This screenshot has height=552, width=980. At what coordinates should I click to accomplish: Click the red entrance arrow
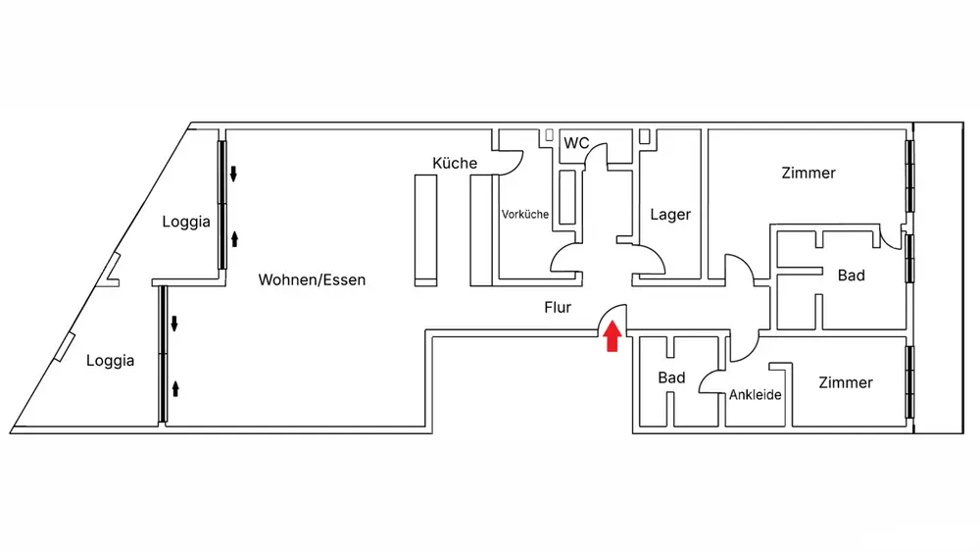click(x=612, y=335)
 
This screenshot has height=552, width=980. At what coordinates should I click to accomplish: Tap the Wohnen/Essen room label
click(x=312, y=279)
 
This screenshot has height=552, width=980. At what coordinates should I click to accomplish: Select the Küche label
click(x=455, y=163)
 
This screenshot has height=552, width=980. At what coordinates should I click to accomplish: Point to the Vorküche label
click(x=525, y=214)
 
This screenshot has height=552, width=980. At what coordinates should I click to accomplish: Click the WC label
click(x=576, y=143)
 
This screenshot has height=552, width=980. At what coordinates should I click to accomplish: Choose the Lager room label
click(x=670, y=215)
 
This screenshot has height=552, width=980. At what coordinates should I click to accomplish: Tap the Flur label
click(x=558, y=307)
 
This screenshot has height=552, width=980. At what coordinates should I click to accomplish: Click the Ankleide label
click(x=755, y=394)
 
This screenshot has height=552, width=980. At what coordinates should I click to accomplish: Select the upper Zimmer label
click(x=808, y=173)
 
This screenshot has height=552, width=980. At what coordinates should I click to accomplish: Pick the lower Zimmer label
click(x=846, y=382)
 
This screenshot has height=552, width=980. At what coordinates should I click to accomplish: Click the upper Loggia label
click(x=185, y=222)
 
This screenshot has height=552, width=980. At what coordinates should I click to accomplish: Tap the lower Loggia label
click(x=110, y=361)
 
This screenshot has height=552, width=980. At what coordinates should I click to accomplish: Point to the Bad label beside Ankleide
click(x=671, y=377)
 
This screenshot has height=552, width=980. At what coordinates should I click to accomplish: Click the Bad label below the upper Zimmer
click(x=852, y=276)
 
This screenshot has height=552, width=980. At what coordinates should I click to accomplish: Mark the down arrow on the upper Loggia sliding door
click(x=233, y=174)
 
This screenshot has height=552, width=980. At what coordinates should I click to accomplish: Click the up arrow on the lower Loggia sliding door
click(x=175, y=389)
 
